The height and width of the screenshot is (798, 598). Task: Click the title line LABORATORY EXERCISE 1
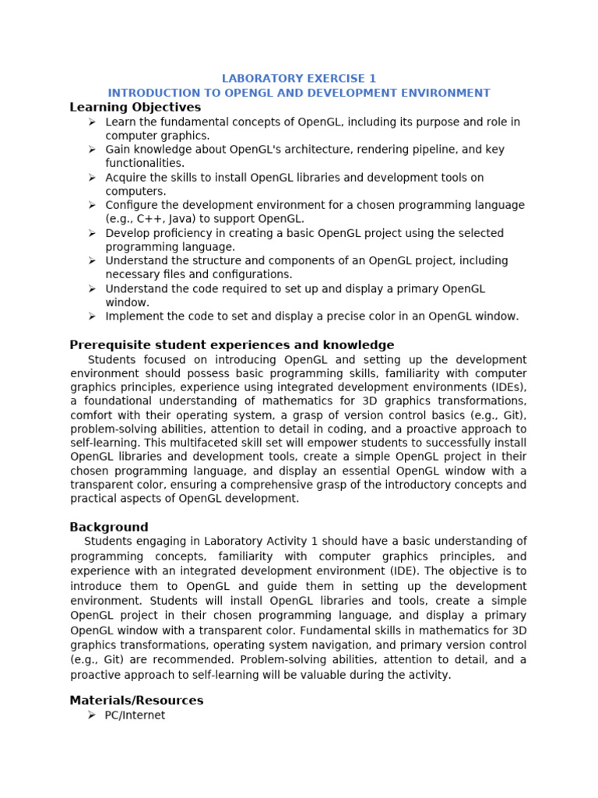(299, 79)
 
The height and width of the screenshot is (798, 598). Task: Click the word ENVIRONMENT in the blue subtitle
(452, 93)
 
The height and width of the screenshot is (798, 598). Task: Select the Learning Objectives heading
(135, 108)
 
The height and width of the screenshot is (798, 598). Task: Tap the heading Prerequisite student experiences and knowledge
(231, 345)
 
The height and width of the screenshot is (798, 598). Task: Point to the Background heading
(108, 527)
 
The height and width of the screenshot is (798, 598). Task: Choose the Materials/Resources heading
(136, 701)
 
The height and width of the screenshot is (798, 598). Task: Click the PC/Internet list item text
(135, 715)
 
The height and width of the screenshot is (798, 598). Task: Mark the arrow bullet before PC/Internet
(92, 715)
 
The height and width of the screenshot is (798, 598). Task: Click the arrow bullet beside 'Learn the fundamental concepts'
(92, 122)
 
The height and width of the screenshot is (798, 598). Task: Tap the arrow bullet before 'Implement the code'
(92, 316)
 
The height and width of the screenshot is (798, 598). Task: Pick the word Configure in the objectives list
(132, 205)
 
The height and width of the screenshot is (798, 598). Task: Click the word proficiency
(182, 233)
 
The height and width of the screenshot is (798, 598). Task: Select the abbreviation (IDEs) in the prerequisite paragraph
(508, 387)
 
